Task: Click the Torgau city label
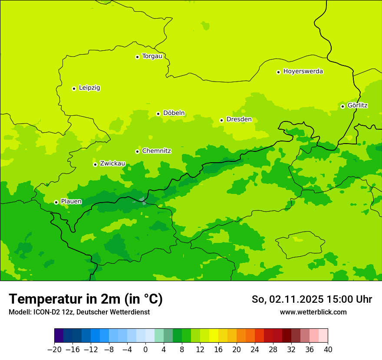click(152, 56)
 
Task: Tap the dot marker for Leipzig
click(74, 88)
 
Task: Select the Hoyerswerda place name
click(303, 71)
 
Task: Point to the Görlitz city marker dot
click(342, 106)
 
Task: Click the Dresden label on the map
click(239, 119)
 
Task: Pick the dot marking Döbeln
click(158, 114)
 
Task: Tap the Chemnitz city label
click(156, 151)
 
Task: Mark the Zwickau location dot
click(95, 164)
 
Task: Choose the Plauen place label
click(71, 201)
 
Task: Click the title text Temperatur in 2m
click(86, 299)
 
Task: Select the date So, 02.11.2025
click(287, 299)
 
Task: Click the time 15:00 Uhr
click(349, 299)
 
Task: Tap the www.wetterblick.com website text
click(313, 312)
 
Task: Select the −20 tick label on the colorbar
click(54, 350)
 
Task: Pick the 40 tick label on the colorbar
click(328, 350)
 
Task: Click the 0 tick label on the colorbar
click(145, 350)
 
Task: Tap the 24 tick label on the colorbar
click(255, 350)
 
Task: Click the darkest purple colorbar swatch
click(59, 336)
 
